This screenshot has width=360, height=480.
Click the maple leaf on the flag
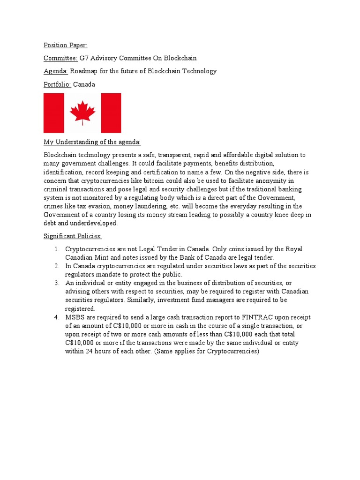click(x=82, y=112)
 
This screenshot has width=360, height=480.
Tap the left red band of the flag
click(x=53, y=113)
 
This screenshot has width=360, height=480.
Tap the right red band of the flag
click(x=111, y=113)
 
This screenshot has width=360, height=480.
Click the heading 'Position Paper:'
click(x=65, y=45)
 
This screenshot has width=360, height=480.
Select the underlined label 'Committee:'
click(x=60, y=58)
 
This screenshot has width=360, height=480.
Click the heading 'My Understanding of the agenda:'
click(x=92, y=142)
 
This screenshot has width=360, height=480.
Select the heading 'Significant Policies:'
click(x=73, y=236)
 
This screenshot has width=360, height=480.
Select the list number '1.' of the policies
click(x=56, y=249)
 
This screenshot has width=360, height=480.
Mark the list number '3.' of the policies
click(x=56, y=283)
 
